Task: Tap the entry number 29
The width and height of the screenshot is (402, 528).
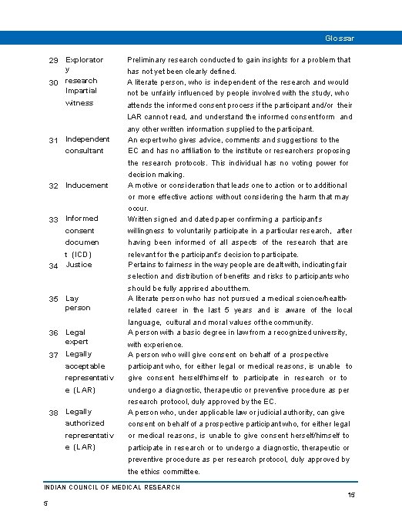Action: pos(53,60)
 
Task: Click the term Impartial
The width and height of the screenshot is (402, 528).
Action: pos(82,91)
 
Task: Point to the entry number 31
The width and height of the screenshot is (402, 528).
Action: pos(53,140)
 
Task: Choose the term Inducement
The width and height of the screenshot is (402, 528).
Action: pos(87,185)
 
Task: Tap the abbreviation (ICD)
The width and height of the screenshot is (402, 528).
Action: pos(82,253)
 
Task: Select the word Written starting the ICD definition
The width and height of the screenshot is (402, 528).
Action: pos(142,219)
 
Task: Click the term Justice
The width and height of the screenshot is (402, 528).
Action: pos(79,265)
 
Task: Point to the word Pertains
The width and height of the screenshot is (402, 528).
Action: pos(144,265)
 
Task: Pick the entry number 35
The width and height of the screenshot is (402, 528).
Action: pos(53,299)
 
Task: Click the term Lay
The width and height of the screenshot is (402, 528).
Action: pos(72,299)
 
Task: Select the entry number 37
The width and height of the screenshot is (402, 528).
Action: pos(53,356)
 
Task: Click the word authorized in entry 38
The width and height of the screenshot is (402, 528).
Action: pos(85,423)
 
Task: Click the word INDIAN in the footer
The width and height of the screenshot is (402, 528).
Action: pos(55,487)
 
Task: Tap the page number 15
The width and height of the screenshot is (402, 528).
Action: pos(351,496)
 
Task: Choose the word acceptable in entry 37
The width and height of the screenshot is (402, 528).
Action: pos(85,366)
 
